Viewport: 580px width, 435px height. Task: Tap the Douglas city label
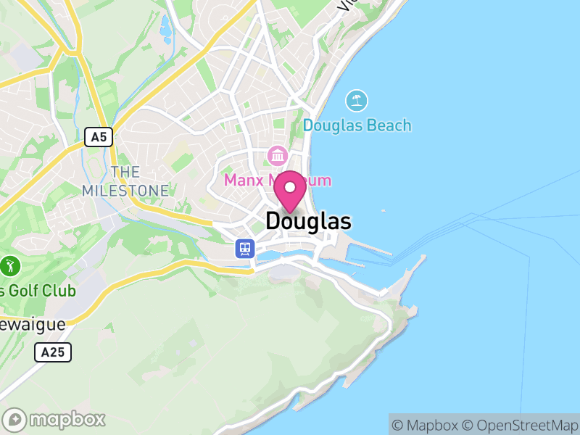pyautogui.click(x=308, y=221)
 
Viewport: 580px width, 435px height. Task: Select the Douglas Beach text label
pyautogui.click(x=357, y=125)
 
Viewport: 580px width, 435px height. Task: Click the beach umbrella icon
pyautogui.click(x=356, y=100)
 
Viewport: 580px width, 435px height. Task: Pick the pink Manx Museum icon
pyautogui.click(x=277, y=155)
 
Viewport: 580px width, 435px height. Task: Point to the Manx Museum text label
pyautogui.click(x=277, y=180)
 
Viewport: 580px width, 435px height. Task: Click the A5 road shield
pyautogui.click(x=99, y=137)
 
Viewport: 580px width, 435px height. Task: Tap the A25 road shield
pyautogui.click(x=53, y=352)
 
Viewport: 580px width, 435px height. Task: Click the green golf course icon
pyautogui.click(x=10, y=265)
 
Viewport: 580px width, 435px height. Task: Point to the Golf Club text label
pyautogui.click(x=38, y=291)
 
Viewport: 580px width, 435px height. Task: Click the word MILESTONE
pyautogui.click(x=125, y=191)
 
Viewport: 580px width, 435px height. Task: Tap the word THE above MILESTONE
pyautogui.click(x=125, y=172)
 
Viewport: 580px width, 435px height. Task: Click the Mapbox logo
pyautogui.click(x=55, y=419)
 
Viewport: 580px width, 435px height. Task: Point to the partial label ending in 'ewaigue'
pyautogui.click(x=32, y=323)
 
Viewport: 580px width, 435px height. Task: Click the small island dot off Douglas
pyautogui.click(x=383, y=211)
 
